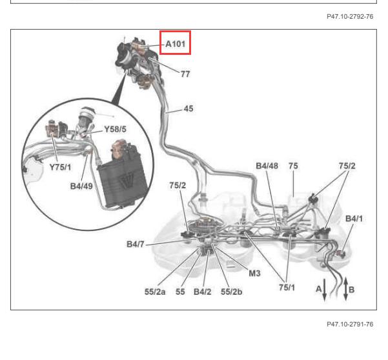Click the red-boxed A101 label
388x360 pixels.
175,44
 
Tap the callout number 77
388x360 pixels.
185,74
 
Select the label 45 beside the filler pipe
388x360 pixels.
189,108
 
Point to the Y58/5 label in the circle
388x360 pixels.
115,129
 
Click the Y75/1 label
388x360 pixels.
60,167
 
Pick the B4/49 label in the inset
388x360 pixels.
81,186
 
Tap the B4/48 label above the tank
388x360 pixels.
267,166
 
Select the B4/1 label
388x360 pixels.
354,219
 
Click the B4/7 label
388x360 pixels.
135,245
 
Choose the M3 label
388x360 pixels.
254,273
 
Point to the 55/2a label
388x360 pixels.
155,292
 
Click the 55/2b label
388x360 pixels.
232,292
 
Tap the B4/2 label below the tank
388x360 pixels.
203,292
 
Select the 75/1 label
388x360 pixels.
287,287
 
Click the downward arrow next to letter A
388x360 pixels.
324,290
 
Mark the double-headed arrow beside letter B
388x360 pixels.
345,289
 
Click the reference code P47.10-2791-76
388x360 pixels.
350,324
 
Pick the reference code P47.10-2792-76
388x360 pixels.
350,17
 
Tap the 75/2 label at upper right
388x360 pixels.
347,166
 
